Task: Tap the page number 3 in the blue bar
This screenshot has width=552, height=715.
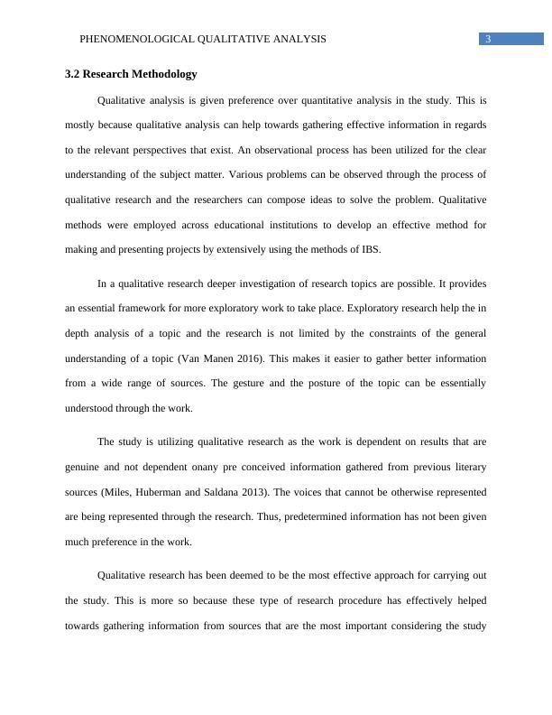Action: (x=487, y=39)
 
